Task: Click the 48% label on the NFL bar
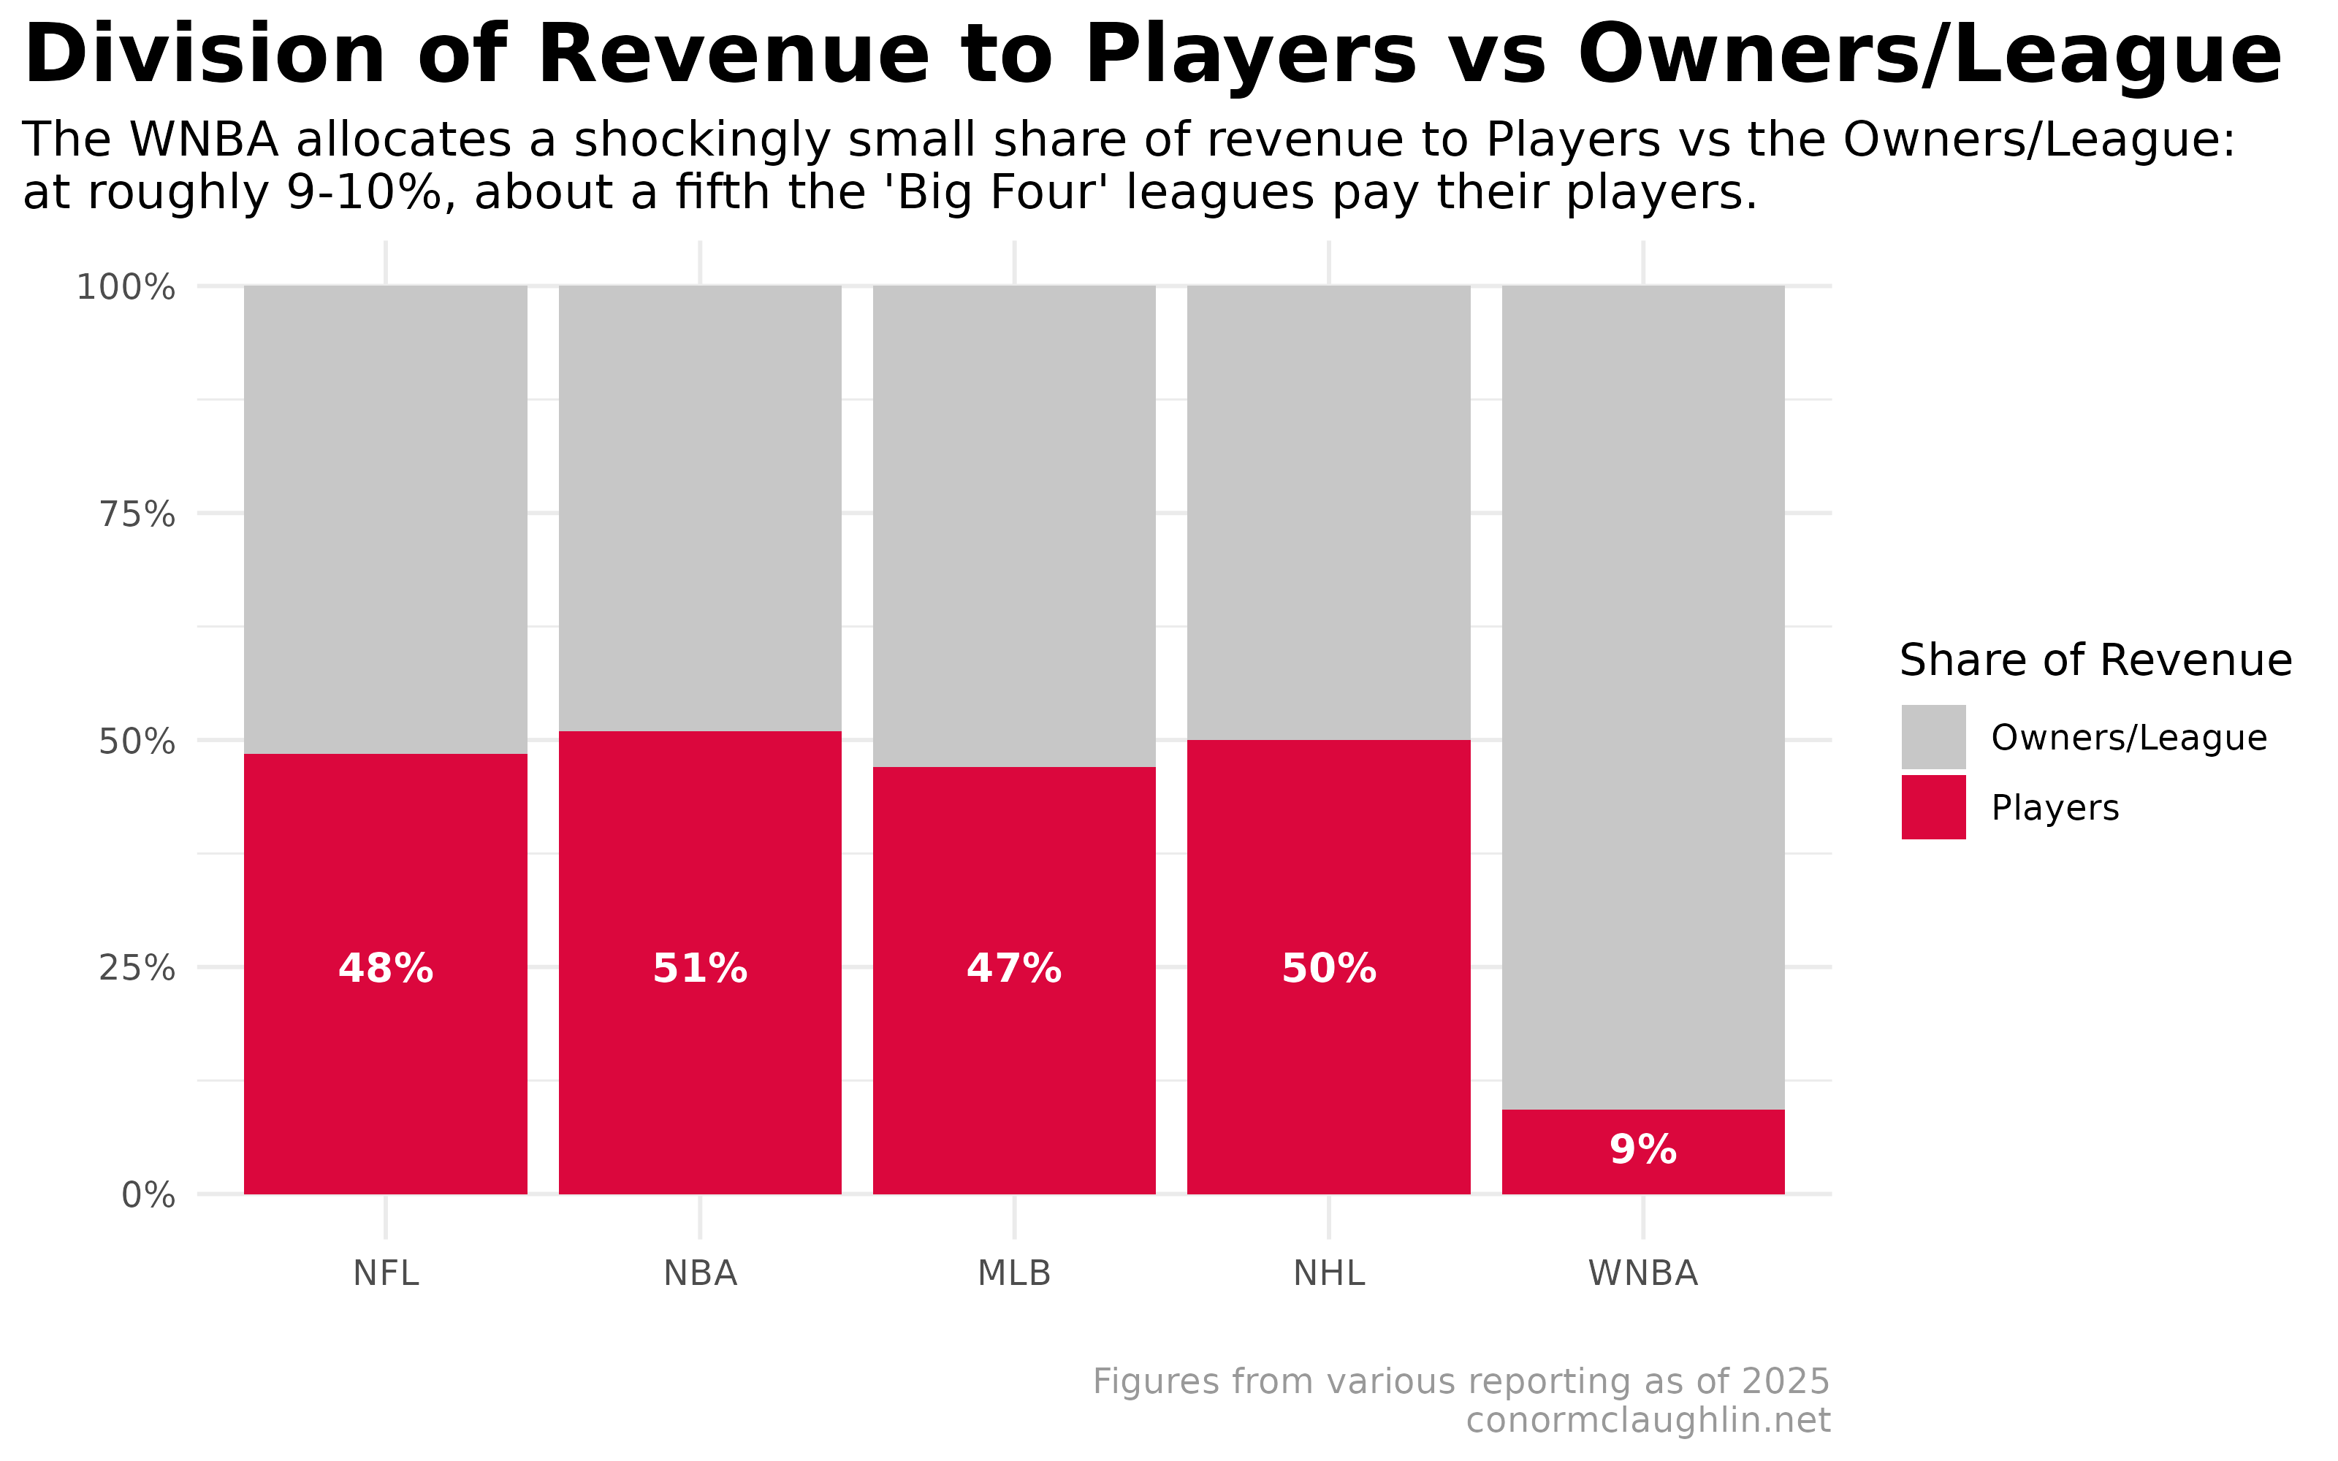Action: coord(386,968)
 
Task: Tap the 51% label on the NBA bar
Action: coord(699,968)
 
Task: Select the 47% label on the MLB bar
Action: coord(1013,968)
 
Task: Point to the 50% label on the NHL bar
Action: coord(1328,968)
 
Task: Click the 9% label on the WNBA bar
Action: coord(1642,1150)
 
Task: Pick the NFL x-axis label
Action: coord(386,1273)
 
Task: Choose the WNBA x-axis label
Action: coord(1642,1273)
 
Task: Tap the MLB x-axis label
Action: coord(1013,1273)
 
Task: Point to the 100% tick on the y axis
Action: coord(126,287)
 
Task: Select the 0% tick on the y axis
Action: coord(148,1195)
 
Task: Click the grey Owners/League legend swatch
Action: coord(1933,736)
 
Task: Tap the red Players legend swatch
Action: coord(1933,806)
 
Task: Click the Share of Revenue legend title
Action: coord(2095,661)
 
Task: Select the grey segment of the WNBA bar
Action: coord(1642,676)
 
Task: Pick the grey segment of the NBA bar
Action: coord(699,503)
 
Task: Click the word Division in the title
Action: coord(204,56)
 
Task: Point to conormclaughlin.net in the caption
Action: coord(1648,1420)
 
